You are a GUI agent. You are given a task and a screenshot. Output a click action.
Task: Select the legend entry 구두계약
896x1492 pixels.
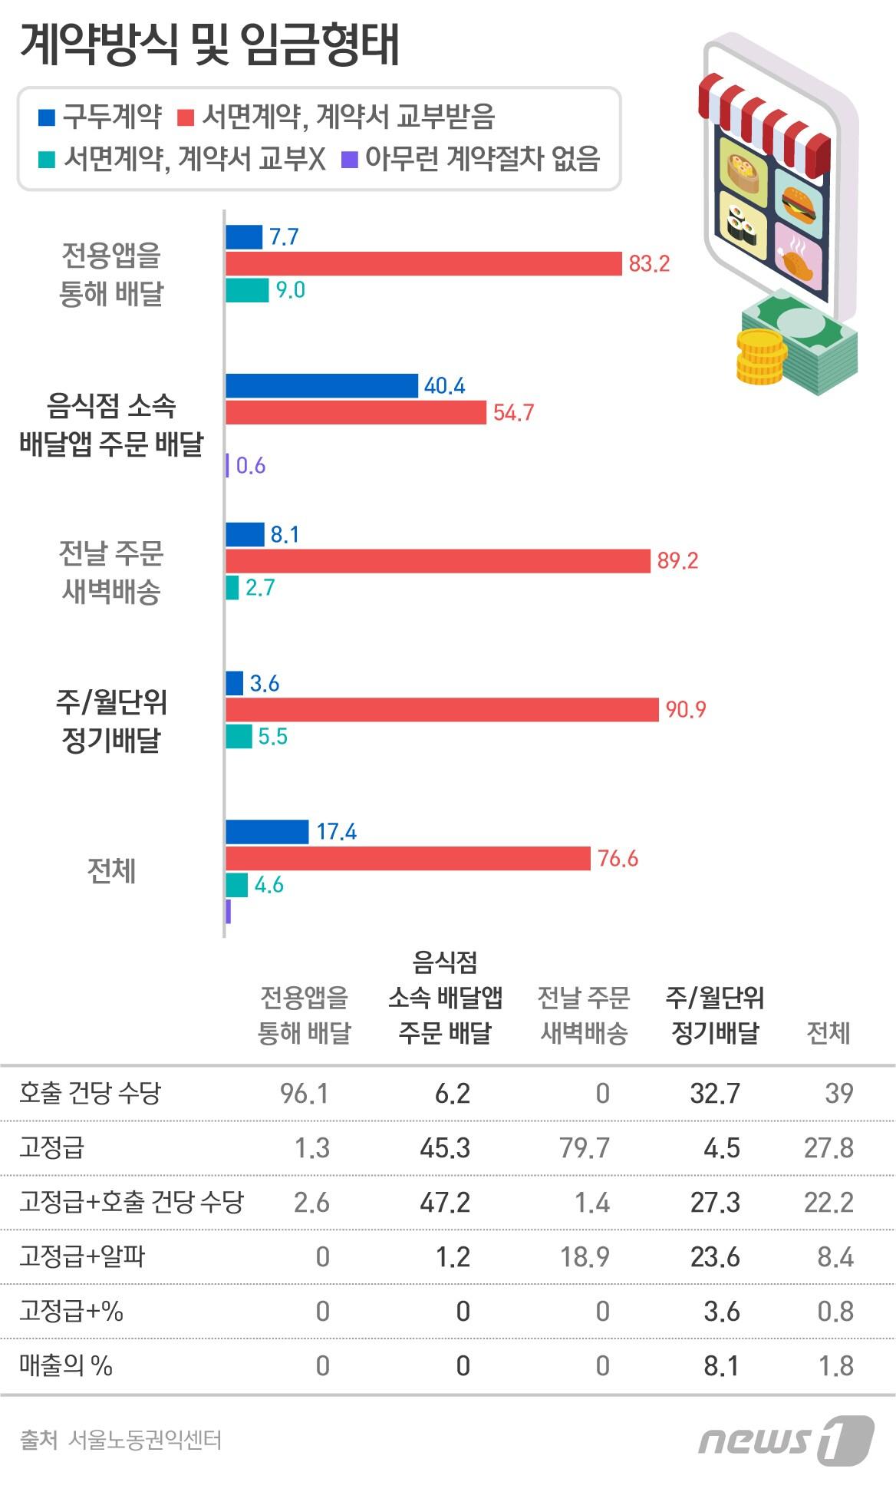tap(100, 117)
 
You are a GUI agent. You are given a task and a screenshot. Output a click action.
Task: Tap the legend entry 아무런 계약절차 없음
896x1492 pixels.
tap(471, 159)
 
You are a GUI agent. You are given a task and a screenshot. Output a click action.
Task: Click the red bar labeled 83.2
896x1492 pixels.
tap(423, 263)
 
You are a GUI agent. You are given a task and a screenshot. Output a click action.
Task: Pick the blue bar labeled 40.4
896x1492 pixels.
tap(321, 385)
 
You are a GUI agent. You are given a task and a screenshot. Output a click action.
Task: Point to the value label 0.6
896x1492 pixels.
tap(250, 466)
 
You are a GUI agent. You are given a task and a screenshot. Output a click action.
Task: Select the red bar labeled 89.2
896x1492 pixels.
tap(437, 560)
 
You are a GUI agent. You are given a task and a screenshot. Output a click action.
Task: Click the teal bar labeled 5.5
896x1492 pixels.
tap(239, 736)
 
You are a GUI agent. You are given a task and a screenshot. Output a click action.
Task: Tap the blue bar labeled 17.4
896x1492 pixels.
tap(266, 832)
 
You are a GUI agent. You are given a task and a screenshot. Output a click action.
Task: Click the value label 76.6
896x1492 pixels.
tap(618, 858)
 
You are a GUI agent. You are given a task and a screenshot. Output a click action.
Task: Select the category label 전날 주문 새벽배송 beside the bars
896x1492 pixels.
tap(111, 572)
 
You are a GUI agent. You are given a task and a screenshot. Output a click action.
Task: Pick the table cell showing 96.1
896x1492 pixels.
tap(305, 1093)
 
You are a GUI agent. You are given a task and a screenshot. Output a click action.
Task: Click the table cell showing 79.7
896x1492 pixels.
tap(585, 1148)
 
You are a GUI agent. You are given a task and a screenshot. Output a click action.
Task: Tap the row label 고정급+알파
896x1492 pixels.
tap(82, 1257)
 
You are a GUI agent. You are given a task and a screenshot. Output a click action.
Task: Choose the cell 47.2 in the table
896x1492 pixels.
tap(445, 1202)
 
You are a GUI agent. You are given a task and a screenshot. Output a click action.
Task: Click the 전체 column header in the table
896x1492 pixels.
tap(828, 1033)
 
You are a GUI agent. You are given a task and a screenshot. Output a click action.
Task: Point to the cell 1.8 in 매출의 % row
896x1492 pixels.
tap(835, 1366)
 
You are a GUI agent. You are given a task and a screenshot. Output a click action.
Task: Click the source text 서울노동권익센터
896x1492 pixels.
tap(144, 1441)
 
